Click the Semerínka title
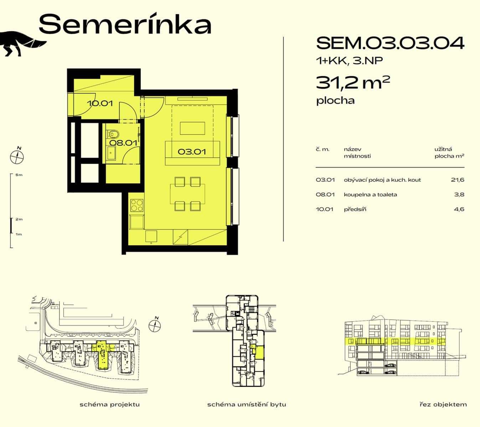pos(125,24)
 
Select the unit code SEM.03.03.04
pos(390,43)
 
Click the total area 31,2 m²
pos(353,83)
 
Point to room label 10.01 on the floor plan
pos(100,104)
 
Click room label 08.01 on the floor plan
pos(123,143)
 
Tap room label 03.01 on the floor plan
pos(192,152)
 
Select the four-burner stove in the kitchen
pos(137,205)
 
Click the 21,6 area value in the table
pos(457,180)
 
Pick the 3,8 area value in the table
pos(459,195)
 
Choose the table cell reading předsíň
pos(355,209)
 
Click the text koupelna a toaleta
pos(370,195)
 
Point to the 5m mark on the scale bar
pos(19,175)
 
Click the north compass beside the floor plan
pos(17,156)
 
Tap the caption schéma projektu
pos(110,404)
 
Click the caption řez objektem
pos(443,404)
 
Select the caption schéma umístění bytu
pos(247,404)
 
